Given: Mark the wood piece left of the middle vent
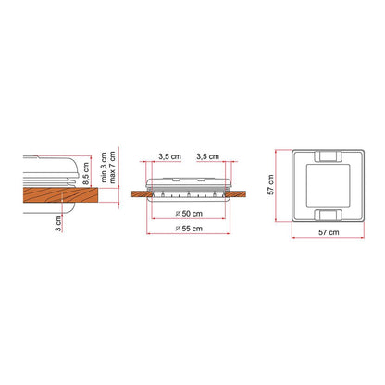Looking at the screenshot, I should [139, 193].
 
